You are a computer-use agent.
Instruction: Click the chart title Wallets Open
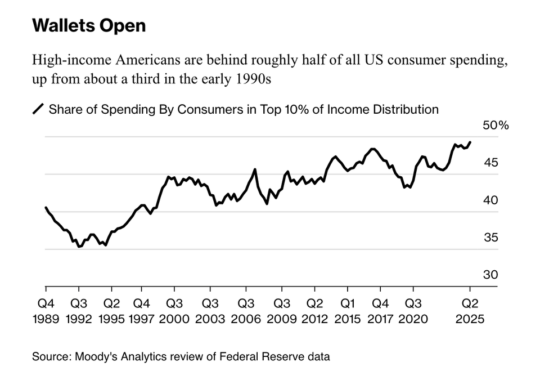[89, 26]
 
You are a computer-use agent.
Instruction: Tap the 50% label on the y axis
[495, 126]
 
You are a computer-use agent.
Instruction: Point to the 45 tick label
[491, 163]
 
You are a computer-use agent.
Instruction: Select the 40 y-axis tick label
[491, 200]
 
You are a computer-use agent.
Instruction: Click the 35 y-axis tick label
[491, 238]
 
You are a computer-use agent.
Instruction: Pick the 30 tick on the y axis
[491, 275]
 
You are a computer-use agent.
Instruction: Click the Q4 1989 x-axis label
[46, 311]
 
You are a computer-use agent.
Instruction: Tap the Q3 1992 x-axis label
[79, 311]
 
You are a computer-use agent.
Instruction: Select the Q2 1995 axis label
[111, 311]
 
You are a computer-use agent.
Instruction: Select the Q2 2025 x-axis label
[470, 311]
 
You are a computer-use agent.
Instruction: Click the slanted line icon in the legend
[38, 109]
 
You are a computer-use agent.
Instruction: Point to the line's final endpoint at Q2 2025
[470, 142]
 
